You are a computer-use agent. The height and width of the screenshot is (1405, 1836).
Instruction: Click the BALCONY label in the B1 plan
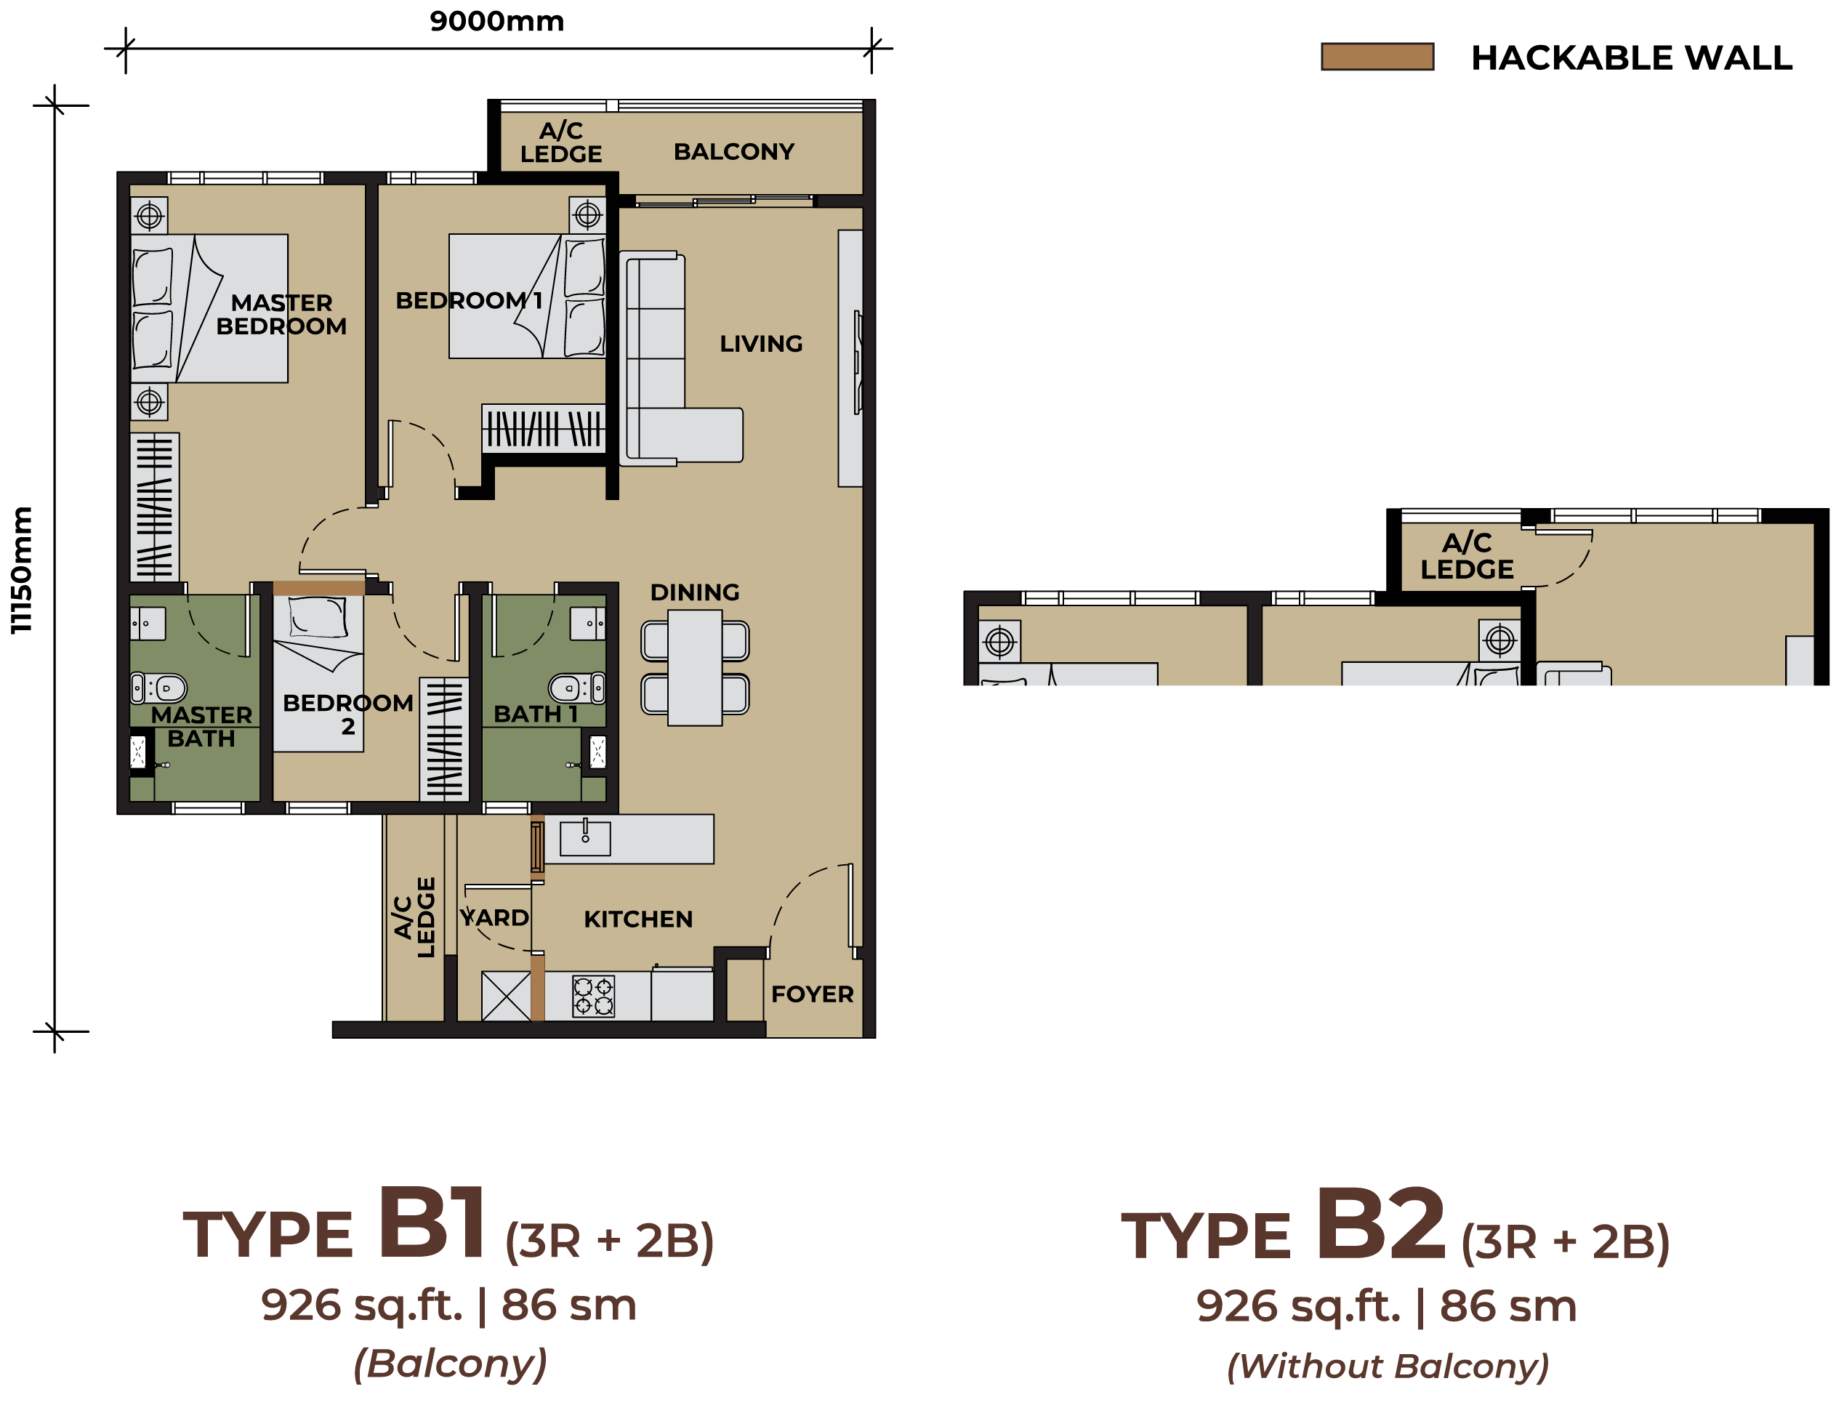[x=733, y=151]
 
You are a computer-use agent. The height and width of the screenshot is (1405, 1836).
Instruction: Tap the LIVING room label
[x=761, y=343]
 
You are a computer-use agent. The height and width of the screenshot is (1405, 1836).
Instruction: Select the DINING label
[x=695, y=592]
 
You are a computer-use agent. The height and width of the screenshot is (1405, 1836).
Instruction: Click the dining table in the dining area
[x=695, y=667]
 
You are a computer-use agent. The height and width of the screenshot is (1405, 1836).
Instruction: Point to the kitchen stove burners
[x=594, y=996]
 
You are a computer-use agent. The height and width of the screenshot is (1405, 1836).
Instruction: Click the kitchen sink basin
[x=585, y=838]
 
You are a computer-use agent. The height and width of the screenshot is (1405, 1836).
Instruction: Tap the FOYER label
[x=812, y=994]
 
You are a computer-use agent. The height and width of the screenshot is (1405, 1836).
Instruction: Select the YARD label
[x=494, y=917]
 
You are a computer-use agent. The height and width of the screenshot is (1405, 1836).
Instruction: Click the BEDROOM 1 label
[x=469, y=299]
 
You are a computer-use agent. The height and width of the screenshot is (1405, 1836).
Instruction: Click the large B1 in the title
[x=432, y=1222]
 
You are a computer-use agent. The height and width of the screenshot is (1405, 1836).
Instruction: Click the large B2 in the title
[x=1380, y=1223]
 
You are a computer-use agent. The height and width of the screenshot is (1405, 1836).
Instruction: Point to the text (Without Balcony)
[x=1387, y=1366]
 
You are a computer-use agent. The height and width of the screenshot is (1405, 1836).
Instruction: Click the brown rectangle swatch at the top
[x=1377, y=57]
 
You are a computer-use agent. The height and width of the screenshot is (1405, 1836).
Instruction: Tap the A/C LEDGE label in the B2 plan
[x=1467, y=556]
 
